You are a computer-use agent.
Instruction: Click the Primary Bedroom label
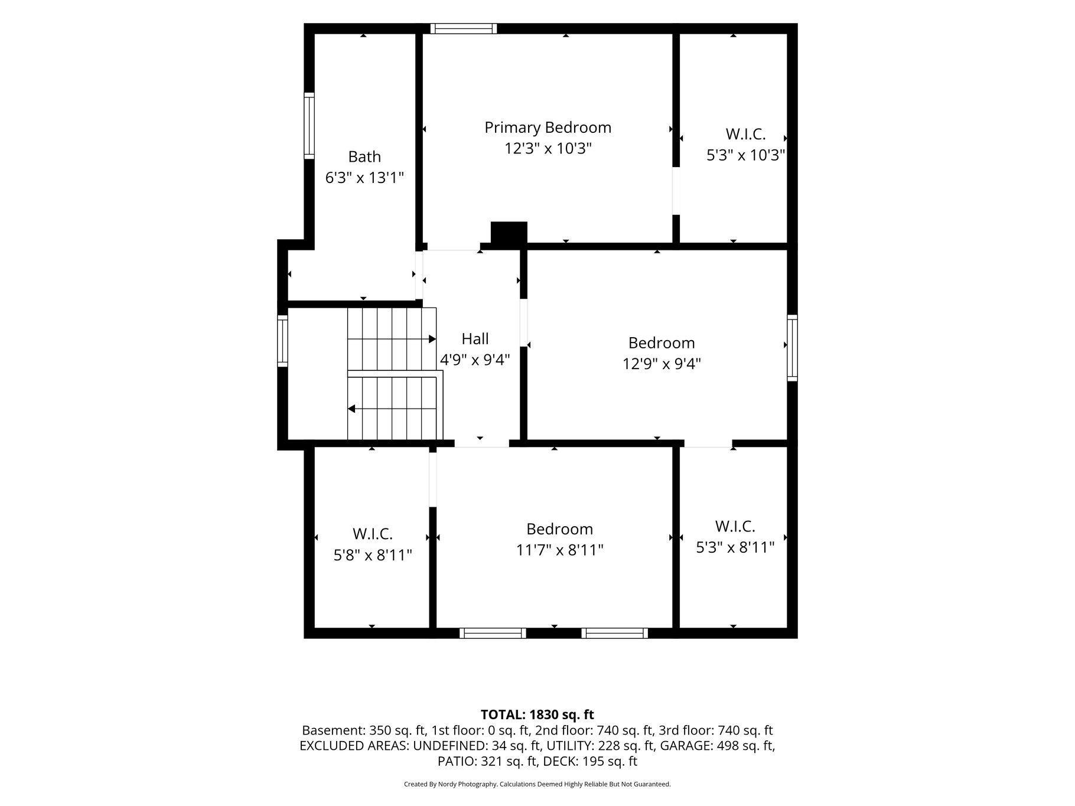pos(548,128)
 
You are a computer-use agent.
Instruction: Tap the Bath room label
pos(364,156)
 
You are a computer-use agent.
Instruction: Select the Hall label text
pos(475,338)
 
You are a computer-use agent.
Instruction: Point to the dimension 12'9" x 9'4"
pos(662,363)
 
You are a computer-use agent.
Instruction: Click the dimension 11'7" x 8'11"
pos(559,550)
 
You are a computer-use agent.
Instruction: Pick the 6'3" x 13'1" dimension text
pos(364,177)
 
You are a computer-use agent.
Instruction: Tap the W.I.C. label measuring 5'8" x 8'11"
pos(373,534)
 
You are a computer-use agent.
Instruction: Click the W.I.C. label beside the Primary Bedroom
pos(745,134)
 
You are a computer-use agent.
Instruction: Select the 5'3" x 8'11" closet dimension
pos(735,547)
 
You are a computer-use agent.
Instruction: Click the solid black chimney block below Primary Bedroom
pos(509,233)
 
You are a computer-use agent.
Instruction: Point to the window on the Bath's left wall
pos(309,126)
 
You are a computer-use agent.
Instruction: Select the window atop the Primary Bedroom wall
pos(463,28)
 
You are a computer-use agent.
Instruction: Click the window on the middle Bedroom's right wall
pos(792,348)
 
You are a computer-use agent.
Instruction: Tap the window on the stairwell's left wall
pos(282,341)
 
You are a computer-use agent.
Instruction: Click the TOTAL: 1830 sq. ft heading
pos(537,715)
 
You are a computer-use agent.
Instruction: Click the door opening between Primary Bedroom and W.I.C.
pos(676,191)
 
